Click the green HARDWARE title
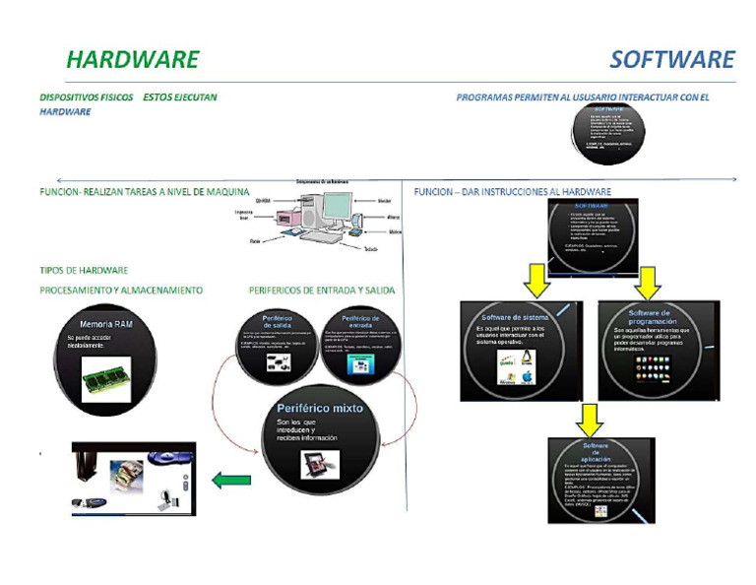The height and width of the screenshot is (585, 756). click(132, 59)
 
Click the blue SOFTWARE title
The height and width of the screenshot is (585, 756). click(671, 59)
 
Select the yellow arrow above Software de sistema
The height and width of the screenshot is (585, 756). click(536, 280)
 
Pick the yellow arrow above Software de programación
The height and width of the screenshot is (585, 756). click(646, 280)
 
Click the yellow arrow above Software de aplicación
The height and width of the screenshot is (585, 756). click(589, 418)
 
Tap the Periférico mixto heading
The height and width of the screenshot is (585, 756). click(320, 407)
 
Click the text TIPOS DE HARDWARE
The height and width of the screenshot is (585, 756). click(84, 270)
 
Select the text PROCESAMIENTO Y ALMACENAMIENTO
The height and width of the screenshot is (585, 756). click(121, 291)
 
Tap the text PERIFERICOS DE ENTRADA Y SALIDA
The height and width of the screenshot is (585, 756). click(322, 291)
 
